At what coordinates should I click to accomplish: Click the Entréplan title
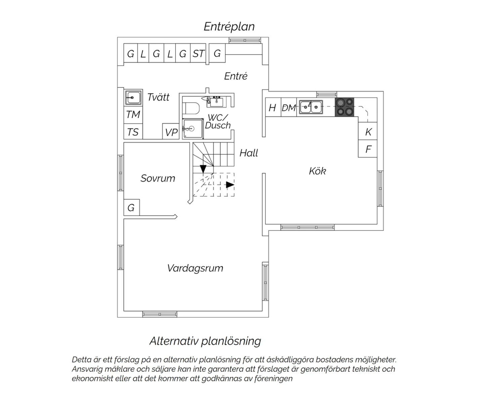[x=229, y=27]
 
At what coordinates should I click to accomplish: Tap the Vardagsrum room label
[x=195, y=268]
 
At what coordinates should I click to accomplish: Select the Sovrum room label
[x=158, y=178]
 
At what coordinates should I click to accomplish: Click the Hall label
[x=249, y=153]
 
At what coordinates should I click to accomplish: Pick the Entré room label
[x=236, y=76]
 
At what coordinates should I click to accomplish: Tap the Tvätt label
[x=158, y=97]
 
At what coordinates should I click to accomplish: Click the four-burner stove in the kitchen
[x=344, y=107]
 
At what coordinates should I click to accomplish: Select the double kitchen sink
[x=311, y=107]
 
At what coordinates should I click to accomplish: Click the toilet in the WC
[x=191, y=108]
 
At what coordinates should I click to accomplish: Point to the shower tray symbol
[x=193, y=128]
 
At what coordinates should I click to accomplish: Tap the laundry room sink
[x=133, y=97]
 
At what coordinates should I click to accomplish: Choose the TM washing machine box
[x=133, y=114]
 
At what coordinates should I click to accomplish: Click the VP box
[x=171, y=131]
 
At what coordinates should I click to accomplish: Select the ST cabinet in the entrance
[x=198, y=53]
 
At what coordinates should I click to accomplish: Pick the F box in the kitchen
[x=368, y=149]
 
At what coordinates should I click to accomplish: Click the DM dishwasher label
[x=289, y=108]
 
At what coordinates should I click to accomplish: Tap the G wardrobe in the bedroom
[x=132, y=208]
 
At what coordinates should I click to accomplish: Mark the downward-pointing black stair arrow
[x=203, y=169]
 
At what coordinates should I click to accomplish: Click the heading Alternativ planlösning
[x=205, y=341]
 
